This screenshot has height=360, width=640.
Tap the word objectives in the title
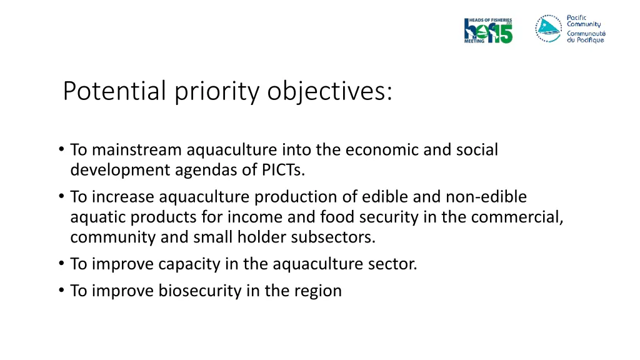(x=329, y=91)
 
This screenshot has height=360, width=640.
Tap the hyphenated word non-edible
(x=486, y=197)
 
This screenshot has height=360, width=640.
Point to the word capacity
(x=189, y=264)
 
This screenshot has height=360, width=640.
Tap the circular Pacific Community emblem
(x=548, y=28)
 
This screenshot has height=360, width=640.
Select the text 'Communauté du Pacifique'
(x=586, y=36)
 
